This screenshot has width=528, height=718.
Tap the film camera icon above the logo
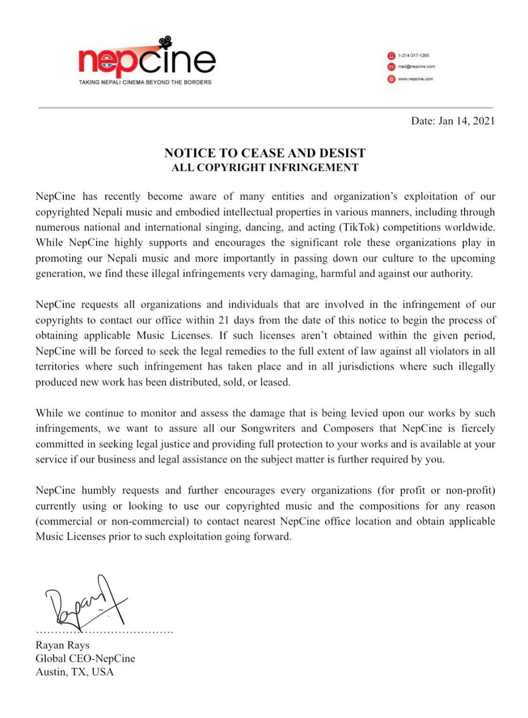(x=165, y=42)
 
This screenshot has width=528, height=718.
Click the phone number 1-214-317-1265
(x=413, y=55)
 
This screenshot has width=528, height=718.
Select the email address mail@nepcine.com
(x=416, y=67)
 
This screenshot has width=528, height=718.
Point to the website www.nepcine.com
(x=415, y=79)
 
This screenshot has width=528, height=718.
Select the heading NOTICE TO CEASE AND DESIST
(x=265, y=153)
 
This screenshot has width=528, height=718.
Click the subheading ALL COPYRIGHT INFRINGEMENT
(x=265, y=167)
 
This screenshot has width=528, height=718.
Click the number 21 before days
(x=224, y=320)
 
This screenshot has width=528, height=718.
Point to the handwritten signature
(x=84, y=602)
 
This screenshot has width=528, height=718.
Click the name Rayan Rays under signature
(x=62, y=645)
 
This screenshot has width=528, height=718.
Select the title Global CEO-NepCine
(x=85, y=658)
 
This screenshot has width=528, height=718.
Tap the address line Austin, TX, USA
(x=74, y=672)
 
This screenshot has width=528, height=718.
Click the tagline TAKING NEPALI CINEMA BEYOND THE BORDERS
(x=145, y=82)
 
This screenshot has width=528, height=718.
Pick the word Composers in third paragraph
(x=349, y=428)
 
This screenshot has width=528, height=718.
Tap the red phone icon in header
(x=391, y=55)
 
